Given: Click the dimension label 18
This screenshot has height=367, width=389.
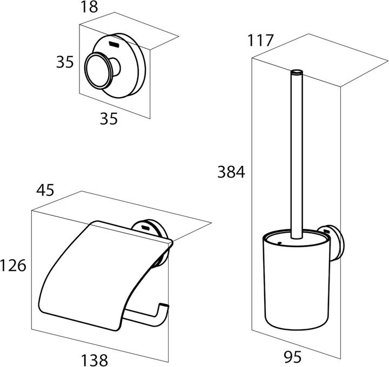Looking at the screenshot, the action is [89, 7].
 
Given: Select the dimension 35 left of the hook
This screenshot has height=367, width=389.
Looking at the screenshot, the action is [65, 62].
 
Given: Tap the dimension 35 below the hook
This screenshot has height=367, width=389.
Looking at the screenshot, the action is [109, 118].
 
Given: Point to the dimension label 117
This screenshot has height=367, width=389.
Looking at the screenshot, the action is [260, 40].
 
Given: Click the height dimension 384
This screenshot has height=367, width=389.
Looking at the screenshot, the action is [231, 172].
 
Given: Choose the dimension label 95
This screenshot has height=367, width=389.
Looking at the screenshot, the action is [293, 357].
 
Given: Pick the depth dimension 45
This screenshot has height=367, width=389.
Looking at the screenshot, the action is [45, 190].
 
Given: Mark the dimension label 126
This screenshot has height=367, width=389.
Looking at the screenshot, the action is [13, 266].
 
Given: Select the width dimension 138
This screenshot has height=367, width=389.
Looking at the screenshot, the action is [95, 360].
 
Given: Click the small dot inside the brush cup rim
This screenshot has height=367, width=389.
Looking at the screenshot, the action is [280, 243].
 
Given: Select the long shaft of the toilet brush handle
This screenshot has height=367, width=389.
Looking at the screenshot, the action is [297, 154].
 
